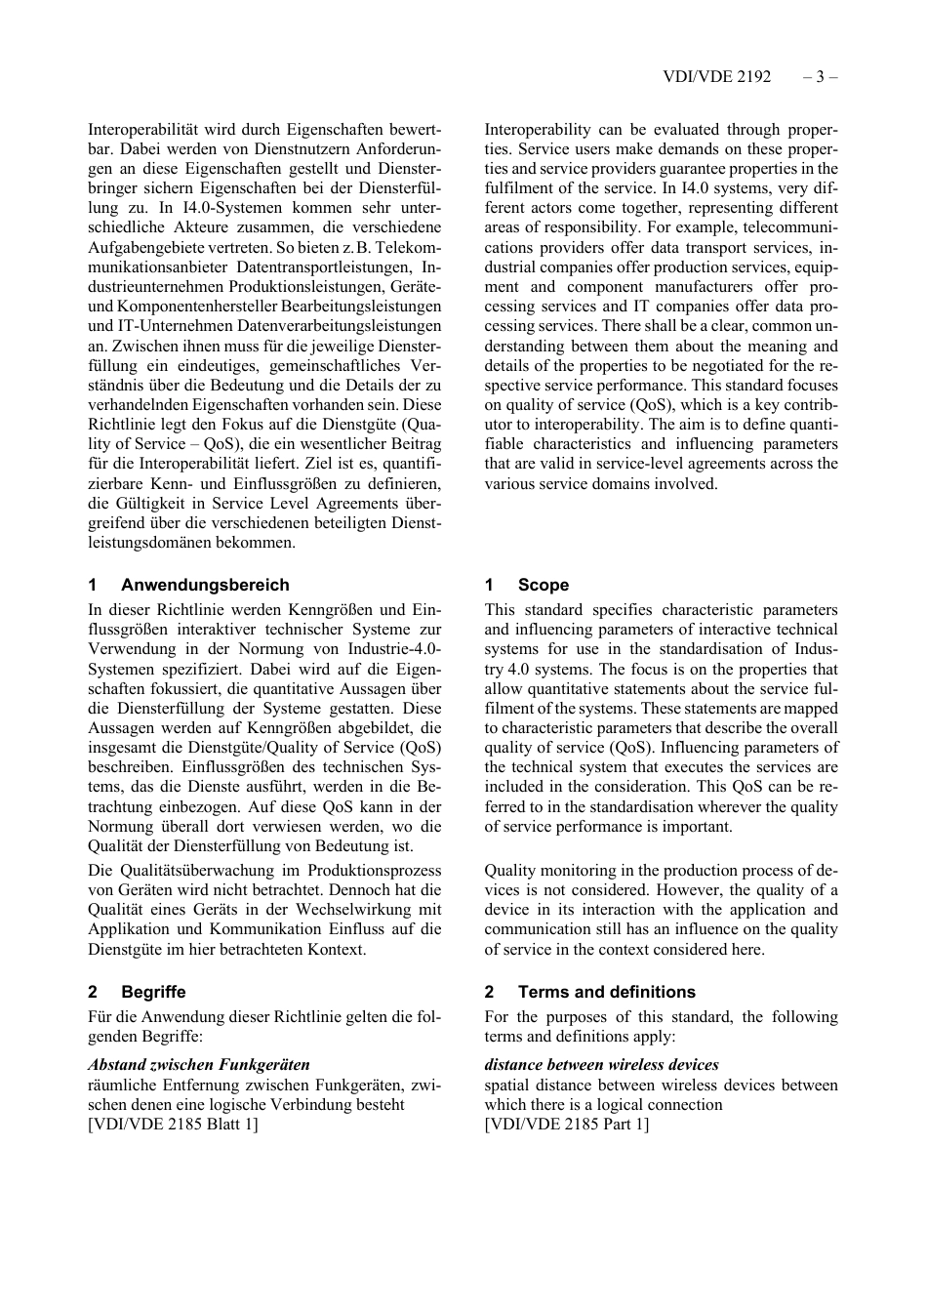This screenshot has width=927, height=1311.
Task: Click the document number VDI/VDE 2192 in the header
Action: [716, 77]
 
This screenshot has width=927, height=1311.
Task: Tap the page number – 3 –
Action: [821, 77]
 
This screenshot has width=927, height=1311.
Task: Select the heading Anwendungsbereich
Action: [205, 585]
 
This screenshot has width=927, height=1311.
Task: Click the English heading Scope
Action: [543, 585]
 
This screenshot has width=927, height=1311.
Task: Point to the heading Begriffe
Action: [153, 992]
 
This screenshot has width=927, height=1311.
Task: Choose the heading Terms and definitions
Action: [606, 992]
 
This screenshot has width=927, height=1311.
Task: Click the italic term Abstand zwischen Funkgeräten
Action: [199, 1065]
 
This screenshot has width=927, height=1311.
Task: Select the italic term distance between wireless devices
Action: [601, 1065]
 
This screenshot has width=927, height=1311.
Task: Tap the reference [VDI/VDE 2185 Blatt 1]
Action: [174, 1124]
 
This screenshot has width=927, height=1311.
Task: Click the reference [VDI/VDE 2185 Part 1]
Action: [566, 1124]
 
